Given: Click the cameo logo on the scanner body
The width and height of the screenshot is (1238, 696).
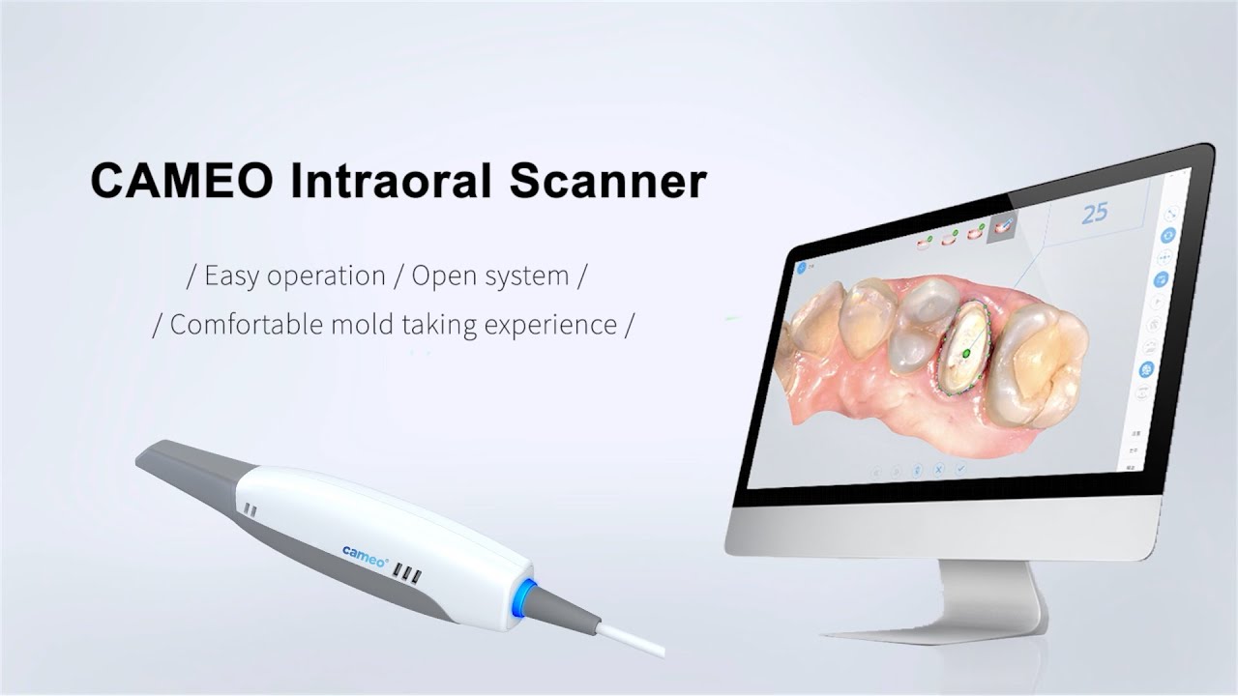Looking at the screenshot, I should (366, 551).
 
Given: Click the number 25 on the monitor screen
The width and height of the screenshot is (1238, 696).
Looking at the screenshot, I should (1094, 213).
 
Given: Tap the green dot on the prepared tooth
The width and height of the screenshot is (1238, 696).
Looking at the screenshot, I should (964, 355).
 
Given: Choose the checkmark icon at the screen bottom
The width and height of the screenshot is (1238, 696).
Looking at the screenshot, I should (961, 469).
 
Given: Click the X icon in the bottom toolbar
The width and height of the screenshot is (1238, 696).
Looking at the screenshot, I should (939, 470).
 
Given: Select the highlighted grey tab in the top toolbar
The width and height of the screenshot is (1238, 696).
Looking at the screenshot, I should (1003, 228).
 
